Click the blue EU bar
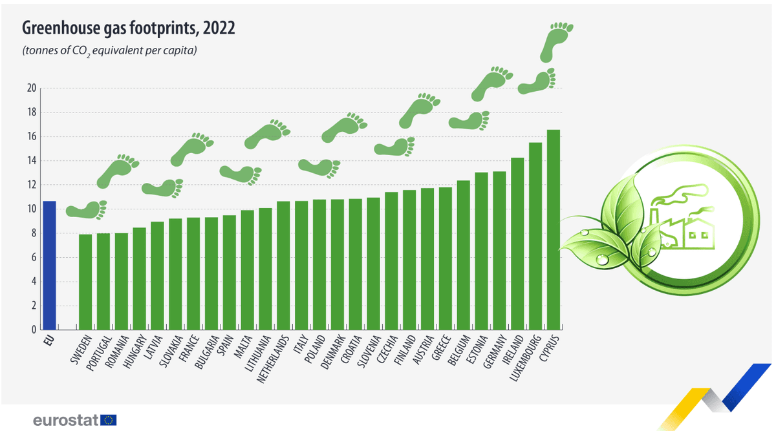(x=49, y=265)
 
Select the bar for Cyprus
(x=554, y=229)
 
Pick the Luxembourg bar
(x=535, y=236)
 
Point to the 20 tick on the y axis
(x=30, y=89)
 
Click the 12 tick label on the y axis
(x=30, y=185)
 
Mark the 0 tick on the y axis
(x=33, y=330)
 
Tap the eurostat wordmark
(x=65, y=420)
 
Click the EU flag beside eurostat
(x=109, y=420)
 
